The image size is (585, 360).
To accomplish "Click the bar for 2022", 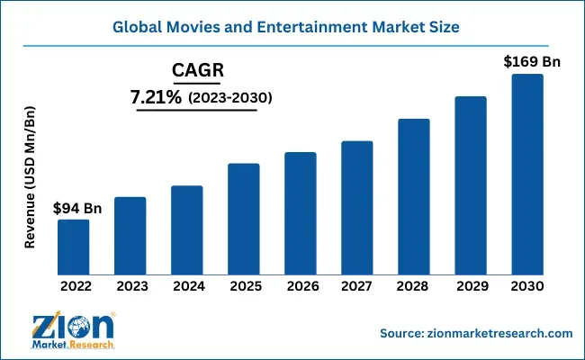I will pyautogui.click(x=74, y=247).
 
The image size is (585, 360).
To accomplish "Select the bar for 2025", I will pyautogui.click(x=243, y=220).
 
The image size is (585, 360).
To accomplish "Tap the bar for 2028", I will pyautogui.click(x=413, y=197).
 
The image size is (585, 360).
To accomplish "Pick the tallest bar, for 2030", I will pyautogui.click(x=526, y=175).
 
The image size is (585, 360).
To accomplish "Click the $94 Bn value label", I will pyautogui.click(x=77, y=208).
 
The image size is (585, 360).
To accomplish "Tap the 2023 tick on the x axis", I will pyautogui.click(x=130, y=286).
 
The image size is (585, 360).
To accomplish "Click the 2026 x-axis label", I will pyautogui.click(x=300, y=286).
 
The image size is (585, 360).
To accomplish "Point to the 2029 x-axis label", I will pyautogui.click(x=470, y=286).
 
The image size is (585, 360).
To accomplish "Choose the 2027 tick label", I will pyautogui.click(x=356, y=286).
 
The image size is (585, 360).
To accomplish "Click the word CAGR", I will pyautogui.click(x=197, y=70).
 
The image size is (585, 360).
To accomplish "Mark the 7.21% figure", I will pyautogui.click(x=158, y=95).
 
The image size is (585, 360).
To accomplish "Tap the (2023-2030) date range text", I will pyautogui.click(x=229, y=96).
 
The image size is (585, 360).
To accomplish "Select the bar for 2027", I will pyautogui.click(x=356, y=209).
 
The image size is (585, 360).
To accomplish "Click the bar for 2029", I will pyautogui.click(x=470, y=185).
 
